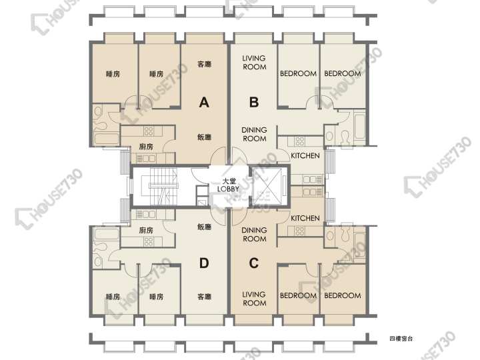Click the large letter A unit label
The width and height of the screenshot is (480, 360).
(x=204, y=102)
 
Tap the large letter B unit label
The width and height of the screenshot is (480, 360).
(x=254, y=102)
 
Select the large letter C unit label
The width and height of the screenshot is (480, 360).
(x=254, y=263)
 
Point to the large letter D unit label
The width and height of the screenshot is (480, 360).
(x=204, y=263)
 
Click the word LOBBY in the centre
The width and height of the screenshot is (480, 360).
(x=228, y=189)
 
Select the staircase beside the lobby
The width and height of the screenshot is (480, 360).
(x=159, y=186)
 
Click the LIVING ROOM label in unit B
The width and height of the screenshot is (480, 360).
(x=255, y=63)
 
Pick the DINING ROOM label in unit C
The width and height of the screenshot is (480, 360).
(x=254, y=235)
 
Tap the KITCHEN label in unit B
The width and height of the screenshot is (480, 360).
(x=305, y=156)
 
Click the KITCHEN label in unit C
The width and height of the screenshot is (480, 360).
(x=305, y=218)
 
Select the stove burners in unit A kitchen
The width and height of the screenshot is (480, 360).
(x=149, y=131)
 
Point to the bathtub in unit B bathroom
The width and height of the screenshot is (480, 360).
(x=359, y=126)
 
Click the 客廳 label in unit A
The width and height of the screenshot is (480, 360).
(x=205, y=64)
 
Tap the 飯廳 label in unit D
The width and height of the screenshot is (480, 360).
(x=205, y=227)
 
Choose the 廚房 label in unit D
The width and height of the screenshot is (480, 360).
(x=146, y=230)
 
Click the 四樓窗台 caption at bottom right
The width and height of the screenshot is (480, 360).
(x=401, y=339)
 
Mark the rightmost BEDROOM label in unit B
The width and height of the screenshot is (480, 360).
(x=343, y=74)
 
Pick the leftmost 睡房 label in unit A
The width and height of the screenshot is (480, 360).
(x=113, y=74)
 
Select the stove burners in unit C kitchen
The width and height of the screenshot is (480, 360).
(x=300, y=231)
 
